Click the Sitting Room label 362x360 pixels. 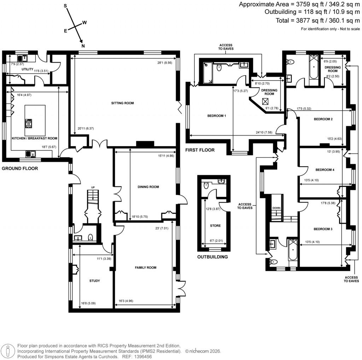point(123,103)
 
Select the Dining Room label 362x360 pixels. point(148,187)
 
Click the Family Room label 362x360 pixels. point(145,268)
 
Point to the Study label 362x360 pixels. point(94,281)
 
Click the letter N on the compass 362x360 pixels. point(83,46)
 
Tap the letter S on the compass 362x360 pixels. point(65,6)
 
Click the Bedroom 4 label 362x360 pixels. point(325,170)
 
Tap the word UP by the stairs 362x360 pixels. point(93,187)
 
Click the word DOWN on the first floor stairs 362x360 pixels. point(276,208)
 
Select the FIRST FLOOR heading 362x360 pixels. point(200,150)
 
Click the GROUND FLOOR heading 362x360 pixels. point(20,169)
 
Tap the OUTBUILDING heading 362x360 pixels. point(212,257)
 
